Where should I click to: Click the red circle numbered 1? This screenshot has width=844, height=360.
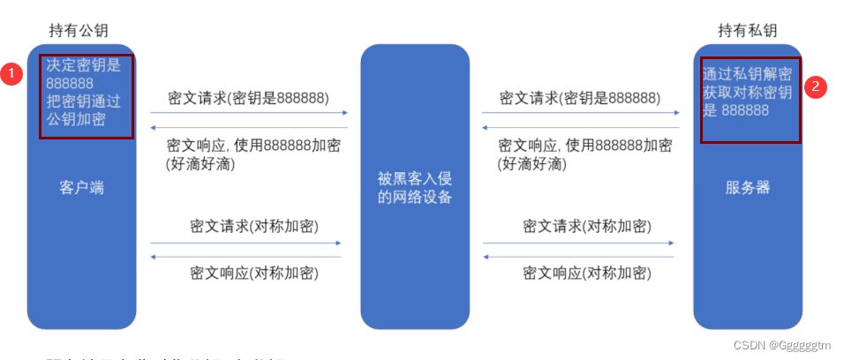tap(11, 75)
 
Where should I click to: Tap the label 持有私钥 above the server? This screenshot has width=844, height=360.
tap(747, 31)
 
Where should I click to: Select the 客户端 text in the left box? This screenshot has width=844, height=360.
tap(81, 188)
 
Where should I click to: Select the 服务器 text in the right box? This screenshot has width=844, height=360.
tap(748, 188)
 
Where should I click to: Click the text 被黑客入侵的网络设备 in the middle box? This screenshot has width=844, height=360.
tap(415, 188)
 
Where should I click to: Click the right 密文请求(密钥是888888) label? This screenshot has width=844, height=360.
tap(579, 97)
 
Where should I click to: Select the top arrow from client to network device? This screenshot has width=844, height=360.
tap(248, 113)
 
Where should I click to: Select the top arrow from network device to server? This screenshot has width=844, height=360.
tap(580, 113)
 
